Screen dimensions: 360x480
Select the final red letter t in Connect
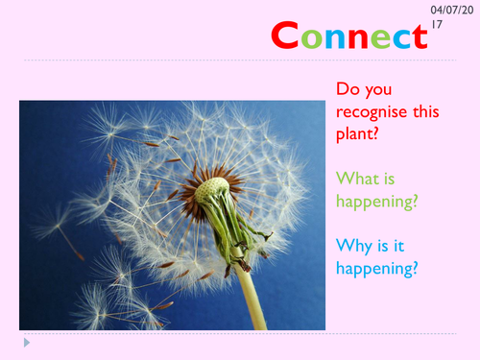tap(419, 37)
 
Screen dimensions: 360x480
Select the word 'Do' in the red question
tap(347, 90)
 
